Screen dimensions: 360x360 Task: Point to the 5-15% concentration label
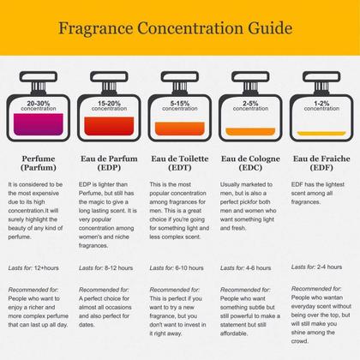click(x=179, y=106)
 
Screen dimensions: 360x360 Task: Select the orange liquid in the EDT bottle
click(x=179, y=130)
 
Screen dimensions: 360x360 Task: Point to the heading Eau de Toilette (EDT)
click(x=179, y=165)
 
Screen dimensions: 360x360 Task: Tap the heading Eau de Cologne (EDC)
click(x=249, y=165)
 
